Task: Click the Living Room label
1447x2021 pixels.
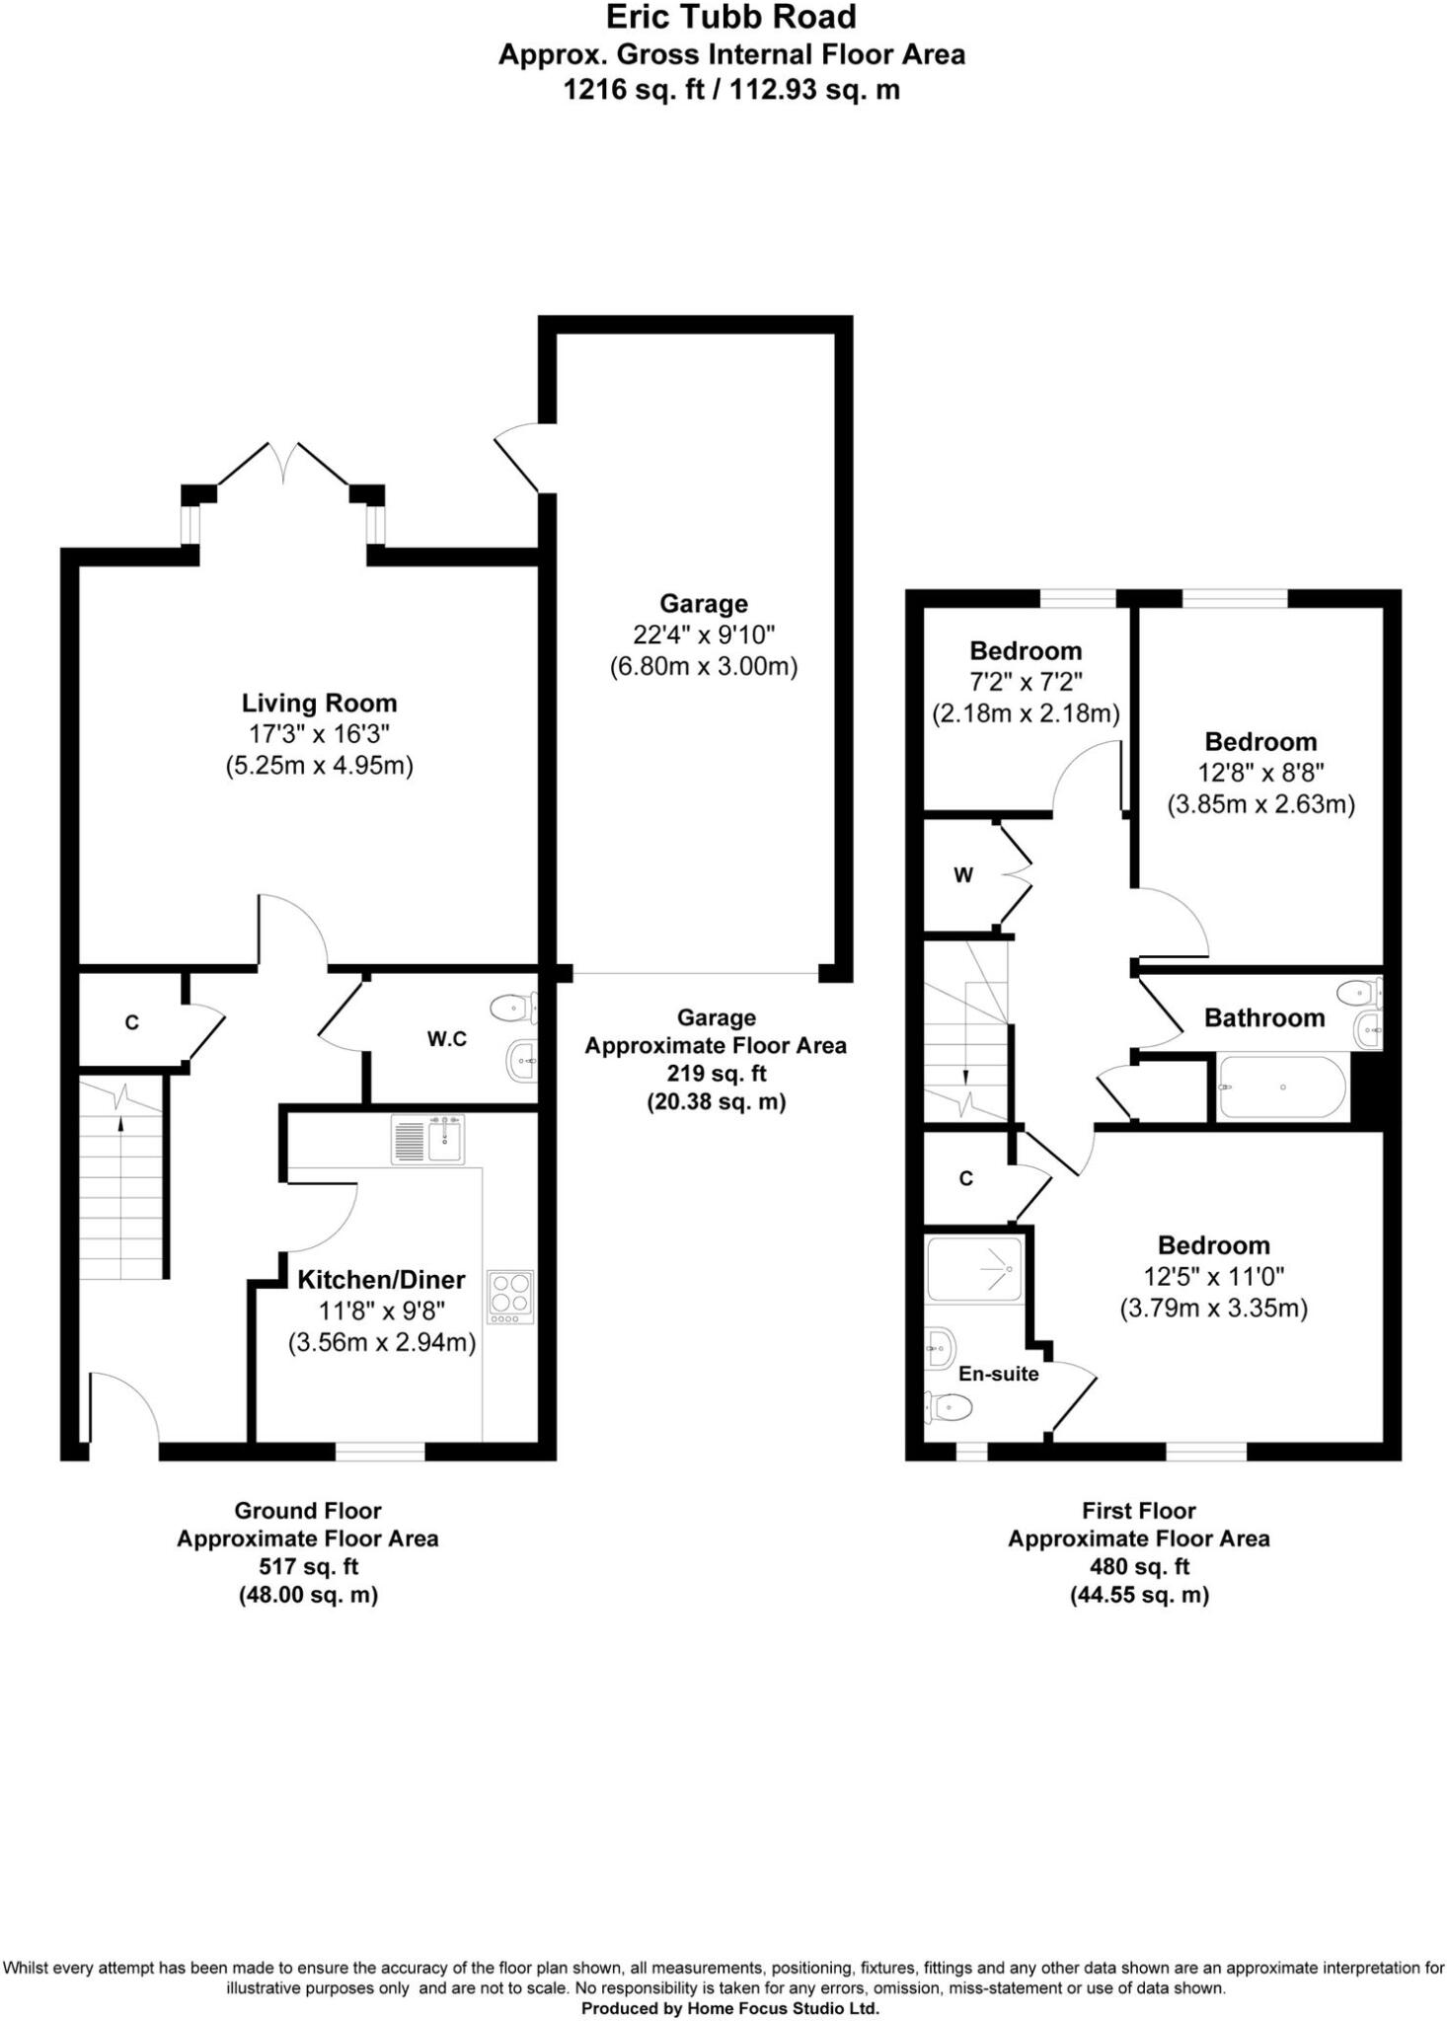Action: [319, 703]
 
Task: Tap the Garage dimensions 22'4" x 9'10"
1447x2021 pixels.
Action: [704, 635]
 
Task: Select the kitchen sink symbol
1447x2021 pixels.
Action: [427, 1141]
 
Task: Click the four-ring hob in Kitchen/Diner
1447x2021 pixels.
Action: [510, 1297]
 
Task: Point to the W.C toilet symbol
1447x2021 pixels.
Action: [511, 1008]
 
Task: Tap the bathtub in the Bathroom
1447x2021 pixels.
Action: [1280, 1087]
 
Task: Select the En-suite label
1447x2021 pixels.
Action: [998, 1374]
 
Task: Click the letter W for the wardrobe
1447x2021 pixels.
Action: [963, 875]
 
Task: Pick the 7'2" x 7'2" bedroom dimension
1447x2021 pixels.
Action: [1026, 682]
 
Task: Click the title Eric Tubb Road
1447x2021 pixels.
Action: [730, 17]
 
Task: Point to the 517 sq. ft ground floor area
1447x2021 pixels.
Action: [308, 1566]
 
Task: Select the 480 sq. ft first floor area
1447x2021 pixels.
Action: [1139, 1566]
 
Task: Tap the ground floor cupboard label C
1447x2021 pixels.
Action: [132, 1023]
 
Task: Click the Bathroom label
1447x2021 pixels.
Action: [1263, 1017]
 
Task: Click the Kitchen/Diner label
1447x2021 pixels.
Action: [381, 1280]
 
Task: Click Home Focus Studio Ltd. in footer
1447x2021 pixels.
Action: [779, 2008]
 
